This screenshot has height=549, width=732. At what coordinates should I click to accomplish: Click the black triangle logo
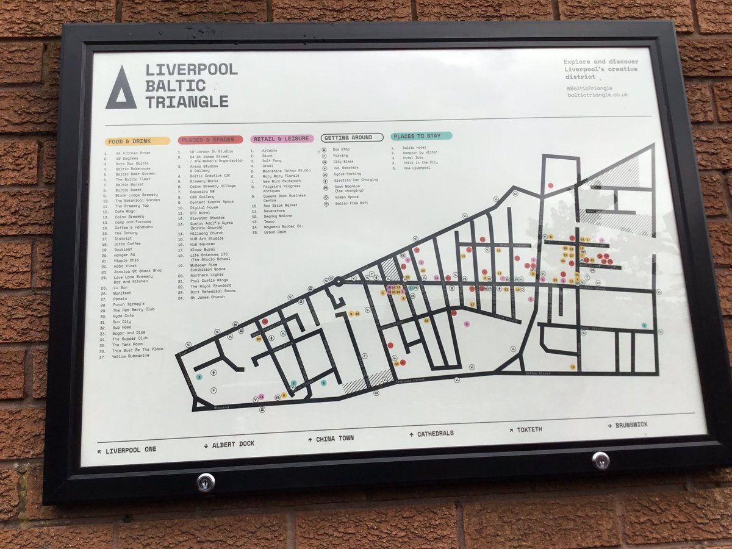(x=120, y=89)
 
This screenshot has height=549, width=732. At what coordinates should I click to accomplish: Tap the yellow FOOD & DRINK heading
(x=137, y=141)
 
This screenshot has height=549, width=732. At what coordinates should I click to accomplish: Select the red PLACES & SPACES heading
(x=210, y=140)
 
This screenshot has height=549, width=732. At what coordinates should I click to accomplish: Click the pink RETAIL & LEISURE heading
(x=282, y=138)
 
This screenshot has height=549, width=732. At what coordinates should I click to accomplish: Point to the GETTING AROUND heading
(x=352, y=138)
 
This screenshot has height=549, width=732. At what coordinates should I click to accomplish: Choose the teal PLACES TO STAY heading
(x=422, y=136)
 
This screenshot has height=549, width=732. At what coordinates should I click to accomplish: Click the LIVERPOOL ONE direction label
(x=127, y=450)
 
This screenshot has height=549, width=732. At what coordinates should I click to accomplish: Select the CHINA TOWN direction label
(x=331, y=438)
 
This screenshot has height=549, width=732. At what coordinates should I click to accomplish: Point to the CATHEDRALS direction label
(x=432, y=434)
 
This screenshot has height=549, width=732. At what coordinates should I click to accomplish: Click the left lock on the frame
(x=206, y=482)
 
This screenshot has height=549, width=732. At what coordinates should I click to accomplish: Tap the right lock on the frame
(x=601, y=460)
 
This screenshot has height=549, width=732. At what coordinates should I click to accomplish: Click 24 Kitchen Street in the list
(x=133, y=153)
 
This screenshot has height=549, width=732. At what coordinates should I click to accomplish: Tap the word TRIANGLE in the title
(x=187, y=101)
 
